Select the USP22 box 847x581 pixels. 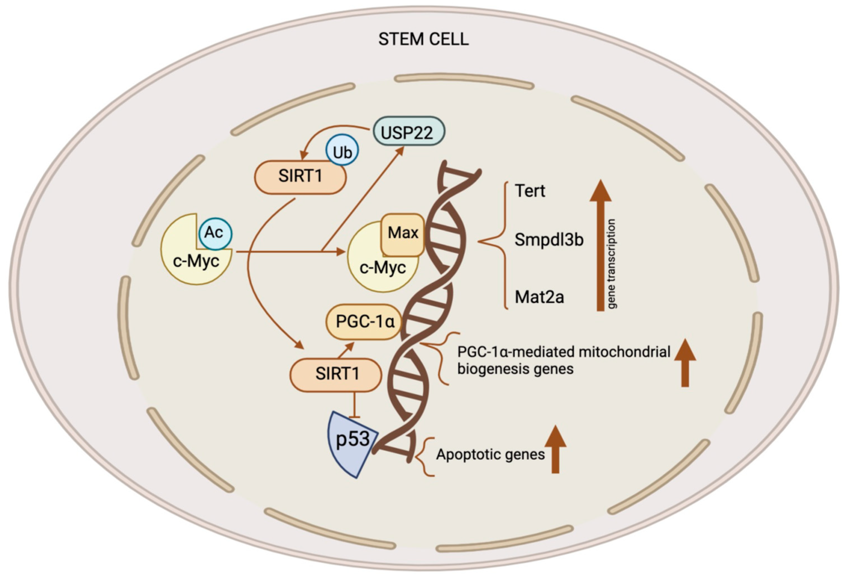[x=409, y=131]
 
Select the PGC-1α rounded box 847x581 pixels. [x=364, y=322]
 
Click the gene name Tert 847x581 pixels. [x=530, y=191]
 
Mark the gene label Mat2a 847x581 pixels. [x=539, y=297]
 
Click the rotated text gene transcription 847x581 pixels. [x=612, y=264]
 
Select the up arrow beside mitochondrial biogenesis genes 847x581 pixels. [x=685, y=363]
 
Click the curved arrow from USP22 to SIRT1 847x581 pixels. [x=328, y=131]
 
